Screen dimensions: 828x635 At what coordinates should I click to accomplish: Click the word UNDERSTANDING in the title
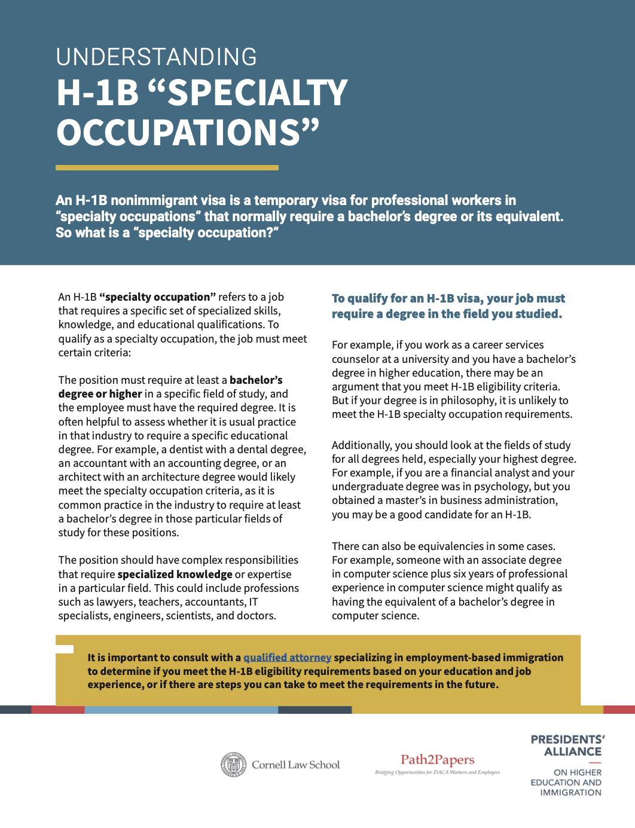pos(156,57)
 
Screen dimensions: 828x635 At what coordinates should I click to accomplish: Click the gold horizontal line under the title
pos(167,168)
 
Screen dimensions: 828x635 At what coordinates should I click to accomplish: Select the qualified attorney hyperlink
pos(287,658)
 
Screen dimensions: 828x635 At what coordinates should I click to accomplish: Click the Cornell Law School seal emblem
pos(233,765)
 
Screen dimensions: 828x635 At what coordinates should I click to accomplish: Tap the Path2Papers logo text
pos(437,760)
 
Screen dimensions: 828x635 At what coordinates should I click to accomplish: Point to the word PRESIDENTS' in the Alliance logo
pos(567,740)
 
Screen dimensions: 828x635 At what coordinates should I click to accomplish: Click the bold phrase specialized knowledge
pos(175,575)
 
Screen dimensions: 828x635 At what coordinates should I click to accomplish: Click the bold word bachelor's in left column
pos(256,380)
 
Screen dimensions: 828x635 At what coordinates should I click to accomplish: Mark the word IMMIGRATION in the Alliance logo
pos(570,793)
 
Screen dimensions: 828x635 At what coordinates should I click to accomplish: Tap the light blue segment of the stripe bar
pos(181,710)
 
